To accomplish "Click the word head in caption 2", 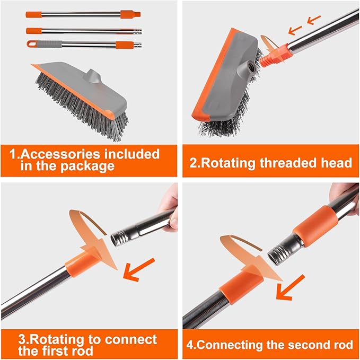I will tap(336, 162).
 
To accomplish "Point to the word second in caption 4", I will tap(304, 345).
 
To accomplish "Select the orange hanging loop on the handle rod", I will tap(32, 45).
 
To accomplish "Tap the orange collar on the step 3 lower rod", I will tap(78, 263).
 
